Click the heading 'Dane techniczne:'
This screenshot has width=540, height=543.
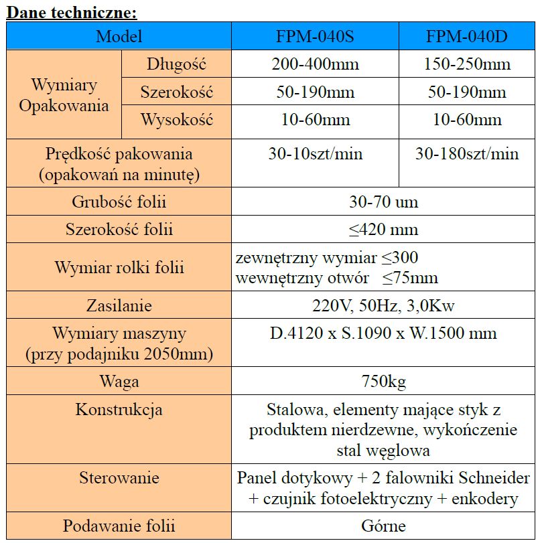(x=72, y=11)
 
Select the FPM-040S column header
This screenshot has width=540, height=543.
(x=315, y=36)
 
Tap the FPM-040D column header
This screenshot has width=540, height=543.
(x=467, y=36)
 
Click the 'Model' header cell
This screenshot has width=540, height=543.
(x=119, y=36)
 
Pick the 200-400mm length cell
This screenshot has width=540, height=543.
(x=315, y=64)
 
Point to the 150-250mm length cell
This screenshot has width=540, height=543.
(x=467, y=64)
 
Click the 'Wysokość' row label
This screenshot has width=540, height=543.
(x=176, y=121)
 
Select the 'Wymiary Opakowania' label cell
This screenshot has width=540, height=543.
(x=64, y=95)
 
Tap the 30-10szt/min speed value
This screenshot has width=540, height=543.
(x=315, y=154)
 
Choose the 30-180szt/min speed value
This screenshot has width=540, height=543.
(x=467, y=154)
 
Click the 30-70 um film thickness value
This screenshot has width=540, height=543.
(x=383, y=202)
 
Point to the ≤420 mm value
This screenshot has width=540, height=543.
(x=383, y=230)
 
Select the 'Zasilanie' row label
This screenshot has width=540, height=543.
(x=119, y=306)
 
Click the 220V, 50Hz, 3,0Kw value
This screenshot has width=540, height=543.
(x=383, y=306)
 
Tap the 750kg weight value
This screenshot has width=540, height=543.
(x=383, y=382)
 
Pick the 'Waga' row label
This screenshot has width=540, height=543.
(x=119, y=382)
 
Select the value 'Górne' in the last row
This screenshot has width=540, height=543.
(x=383, y=526)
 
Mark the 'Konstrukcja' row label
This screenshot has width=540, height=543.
(x=119, y=410)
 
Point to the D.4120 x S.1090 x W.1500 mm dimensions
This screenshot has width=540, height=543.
(x=383, y=333)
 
